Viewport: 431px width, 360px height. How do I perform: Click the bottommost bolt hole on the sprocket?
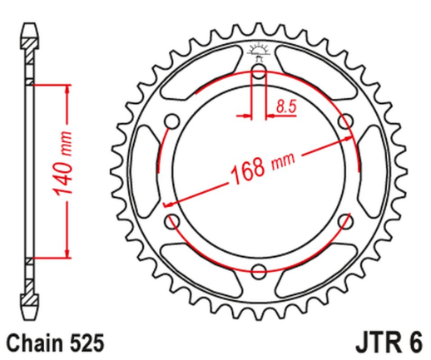tap(258, 270)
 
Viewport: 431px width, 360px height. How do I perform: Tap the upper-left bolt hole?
tap(173, 123)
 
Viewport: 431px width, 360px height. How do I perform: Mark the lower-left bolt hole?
tap(173, 221)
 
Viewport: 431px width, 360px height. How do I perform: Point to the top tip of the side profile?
tap(29, 25)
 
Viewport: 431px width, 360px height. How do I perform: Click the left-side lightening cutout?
tap(151, 172)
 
